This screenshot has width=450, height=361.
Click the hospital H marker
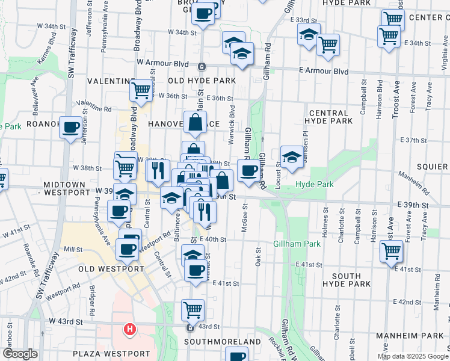tap(129, 329)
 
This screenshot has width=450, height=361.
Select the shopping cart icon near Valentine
tap(141, 91)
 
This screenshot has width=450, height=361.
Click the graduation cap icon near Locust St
tap(291, 158)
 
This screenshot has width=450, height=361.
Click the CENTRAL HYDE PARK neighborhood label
tap(328, 117)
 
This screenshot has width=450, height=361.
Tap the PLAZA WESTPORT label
tap(111, 353)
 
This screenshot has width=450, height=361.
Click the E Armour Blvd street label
tap(324, 71)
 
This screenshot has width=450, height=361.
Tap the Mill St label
tap(73, 248)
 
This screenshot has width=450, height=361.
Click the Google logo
tap(20, 354)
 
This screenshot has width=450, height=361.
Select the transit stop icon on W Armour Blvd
tap(202, 66)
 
